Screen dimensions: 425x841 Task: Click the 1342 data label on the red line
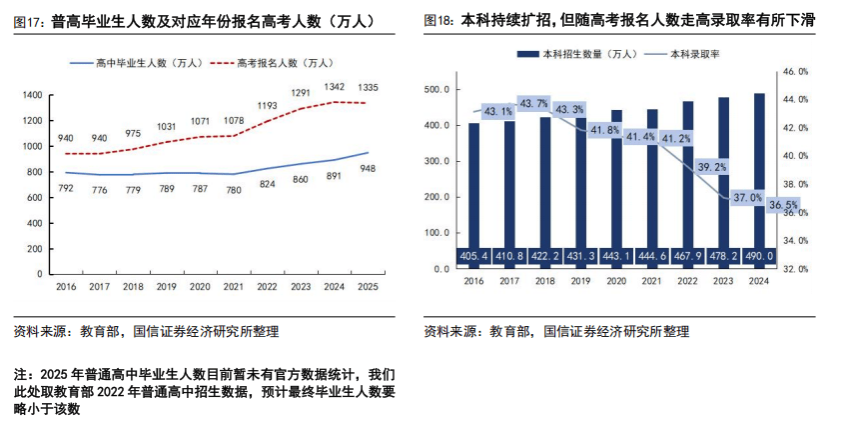pyautogui.click(x=336, y=87)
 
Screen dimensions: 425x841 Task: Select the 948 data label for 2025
pyautogui.click(x=368, y=168)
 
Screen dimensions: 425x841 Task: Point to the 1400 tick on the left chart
pyautogui.click(x=31, y=95)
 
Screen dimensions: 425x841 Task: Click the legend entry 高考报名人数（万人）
pyautogui.click(x=285, y=63)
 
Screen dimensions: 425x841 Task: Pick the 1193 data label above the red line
pyautogui.click(x=268, y=105)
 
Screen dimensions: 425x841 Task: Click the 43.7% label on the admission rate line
pyautogui.click(x=533, y=103)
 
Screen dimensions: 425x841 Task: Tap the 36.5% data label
pyautogui.click(x=784, y=205)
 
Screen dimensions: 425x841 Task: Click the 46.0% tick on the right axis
pyautogui.click(x=794, y=72)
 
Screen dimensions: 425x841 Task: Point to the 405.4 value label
pyautogui.click(x=474, y=257)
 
